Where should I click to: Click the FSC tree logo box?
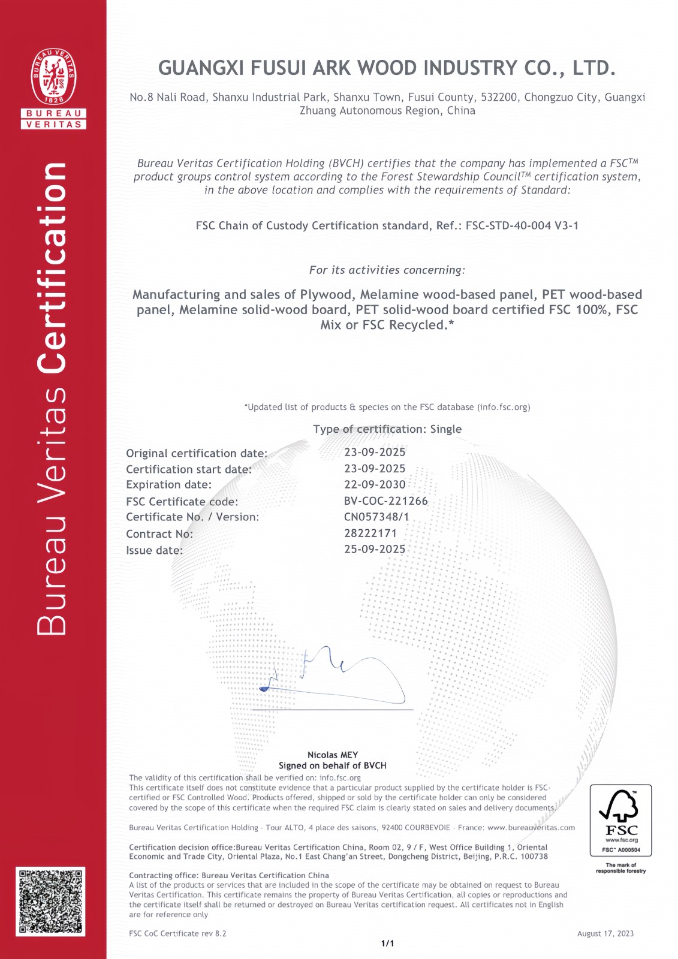(620, 820)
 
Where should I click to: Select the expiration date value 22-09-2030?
(375, 484)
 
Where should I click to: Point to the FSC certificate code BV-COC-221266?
(385, 501)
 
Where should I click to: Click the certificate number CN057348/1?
(376, 517)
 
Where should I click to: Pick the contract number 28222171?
(370, 533)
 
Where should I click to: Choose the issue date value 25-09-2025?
(375, 549)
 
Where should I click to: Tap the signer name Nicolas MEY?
(333, 755)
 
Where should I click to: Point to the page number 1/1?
(388, 943)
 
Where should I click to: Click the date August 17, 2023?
(605, 933)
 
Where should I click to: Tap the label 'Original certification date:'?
(197, 453)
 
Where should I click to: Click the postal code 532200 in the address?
(499, 97)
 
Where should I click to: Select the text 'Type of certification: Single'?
(387, 429)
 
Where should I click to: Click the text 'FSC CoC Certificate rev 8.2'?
(177, 933)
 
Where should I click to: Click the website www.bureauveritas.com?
(531, 828)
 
